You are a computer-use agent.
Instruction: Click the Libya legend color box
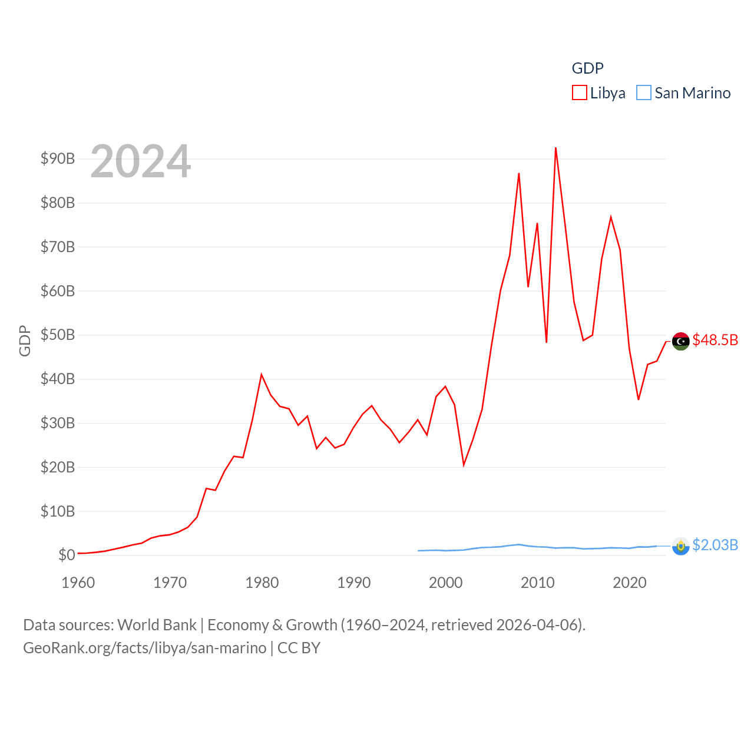coord(580,93)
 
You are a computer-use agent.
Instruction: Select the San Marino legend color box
coord(644,93)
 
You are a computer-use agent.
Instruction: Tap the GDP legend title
coord(587,68)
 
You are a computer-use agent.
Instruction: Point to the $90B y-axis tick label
coord(58,158)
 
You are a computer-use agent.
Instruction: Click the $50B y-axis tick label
coord(58,335)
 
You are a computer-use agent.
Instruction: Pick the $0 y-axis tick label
coord(67,555)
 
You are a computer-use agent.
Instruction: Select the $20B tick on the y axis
coord(58,467)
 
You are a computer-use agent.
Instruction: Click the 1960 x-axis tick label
coord(78,583)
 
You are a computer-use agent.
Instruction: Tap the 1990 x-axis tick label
coord(354,583)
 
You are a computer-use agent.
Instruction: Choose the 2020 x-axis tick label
coord(630,583)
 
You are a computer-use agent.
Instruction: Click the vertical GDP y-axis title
coord(25,340)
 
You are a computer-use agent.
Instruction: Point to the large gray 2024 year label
coord(141,161)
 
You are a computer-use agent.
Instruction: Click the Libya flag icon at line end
coord(680,341)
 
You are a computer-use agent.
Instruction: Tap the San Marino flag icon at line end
coord(680,546)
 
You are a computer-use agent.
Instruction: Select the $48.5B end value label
coord(715,340)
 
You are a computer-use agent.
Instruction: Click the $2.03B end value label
coord(715,545)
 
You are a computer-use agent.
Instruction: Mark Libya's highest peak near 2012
coord(555,148)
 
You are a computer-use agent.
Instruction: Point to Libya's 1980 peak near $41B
coord(262,375)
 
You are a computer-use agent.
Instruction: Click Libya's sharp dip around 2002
coord(464,465)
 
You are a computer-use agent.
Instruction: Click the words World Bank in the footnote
coord(157,624)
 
